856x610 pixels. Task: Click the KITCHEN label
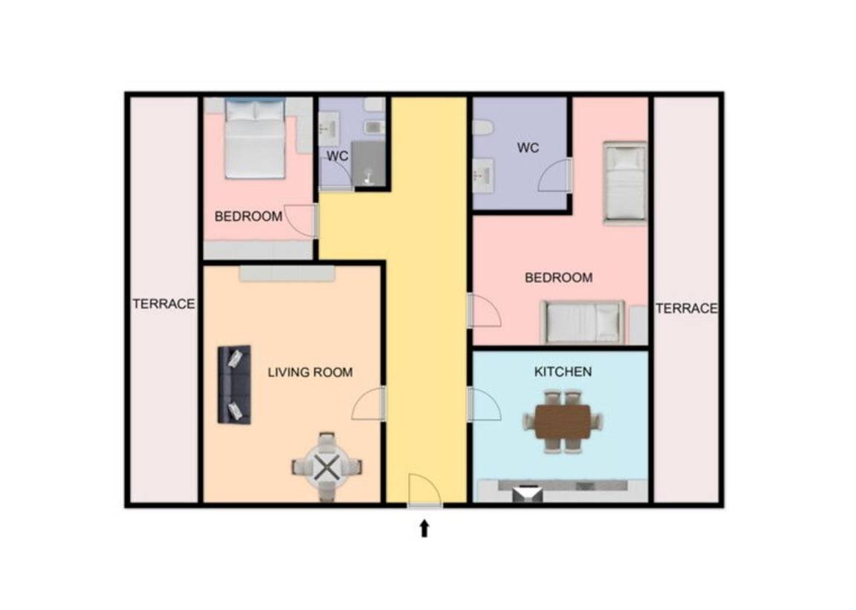(562, 372)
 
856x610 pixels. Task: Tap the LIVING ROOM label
(310, 372)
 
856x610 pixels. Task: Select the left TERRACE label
(163, 304)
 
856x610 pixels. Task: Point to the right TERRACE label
(687, 308)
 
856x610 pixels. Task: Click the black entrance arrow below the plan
(424, 528)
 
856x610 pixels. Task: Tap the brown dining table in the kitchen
(562, 421)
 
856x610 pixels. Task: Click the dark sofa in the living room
(234, 384)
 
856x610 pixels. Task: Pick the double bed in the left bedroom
(256, 139)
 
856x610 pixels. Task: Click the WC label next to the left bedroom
(337, 156)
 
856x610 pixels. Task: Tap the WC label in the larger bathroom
(528, 147)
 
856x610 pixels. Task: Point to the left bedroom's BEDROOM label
(248, 217)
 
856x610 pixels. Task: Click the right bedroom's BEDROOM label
(559, 277)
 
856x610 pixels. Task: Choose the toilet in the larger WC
(482, 128)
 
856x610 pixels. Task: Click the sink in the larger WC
(483, 175)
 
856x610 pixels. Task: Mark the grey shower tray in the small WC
(369, 163)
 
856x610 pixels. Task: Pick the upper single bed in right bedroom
(624, 182)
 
